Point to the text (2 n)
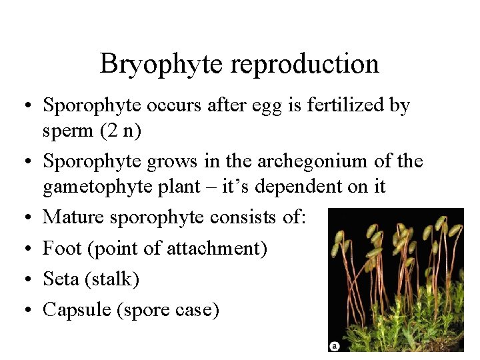(120, 131)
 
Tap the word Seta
(61, 279)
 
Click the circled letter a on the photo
(335, 345)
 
